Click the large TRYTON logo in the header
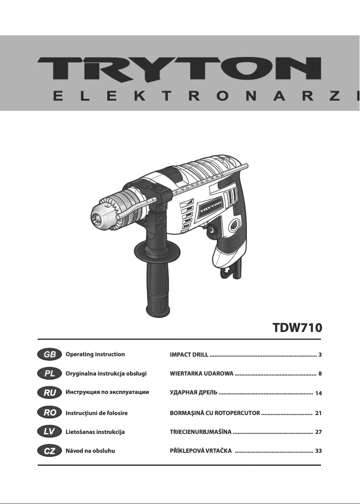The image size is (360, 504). pyautogui.click(x=180, y=69)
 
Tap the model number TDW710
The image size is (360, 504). pyautogui.click(x=298, y=327)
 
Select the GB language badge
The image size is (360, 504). pyautogui.click(x=50, y=354)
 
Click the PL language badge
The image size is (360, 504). pyautogui.click(x=50, y=373)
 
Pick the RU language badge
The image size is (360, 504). pyautogui.click(x=50, y=393)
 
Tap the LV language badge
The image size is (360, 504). pyautogui.click(x=50, y=432)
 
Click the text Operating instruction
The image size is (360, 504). pyautogui.click(x=95, y=354)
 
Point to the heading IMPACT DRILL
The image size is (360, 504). pyautogui.click(x=189, y=355)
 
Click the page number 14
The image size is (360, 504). pyautogui.click(x=319, y=393)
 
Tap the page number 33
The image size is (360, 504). pyautogui.click(x=319, y=451)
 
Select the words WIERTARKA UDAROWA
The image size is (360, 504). pyautogui.click(x=202, y=374)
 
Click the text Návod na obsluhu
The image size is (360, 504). pyautogui.click(x=90, y=451)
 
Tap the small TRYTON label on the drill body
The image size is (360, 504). pyautogui.click(x=211, y=208)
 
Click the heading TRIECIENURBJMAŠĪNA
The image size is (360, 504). pyautogui.click(x=201, y=432)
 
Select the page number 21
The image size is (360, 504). pyautogui.click(x=319, y=412)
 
